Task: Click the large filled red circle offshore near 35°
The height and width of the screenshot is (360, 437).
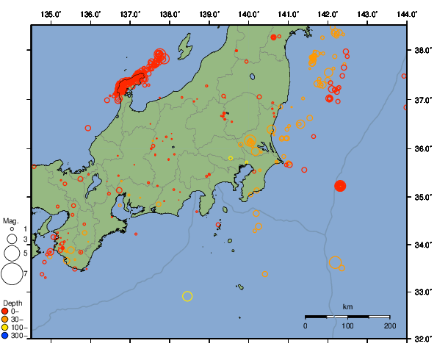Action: click(340, 186)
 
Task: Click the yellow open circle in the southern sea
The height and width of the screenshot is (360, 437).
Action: click(187, 296)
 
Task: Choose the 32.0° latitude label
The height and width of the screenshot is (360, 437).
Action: click(421, 339)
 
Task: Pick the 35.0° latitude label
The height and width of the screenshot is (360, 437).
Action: click(421, 197)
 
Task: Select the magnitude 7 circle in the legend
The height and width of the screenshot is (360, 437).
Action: click(12, 274)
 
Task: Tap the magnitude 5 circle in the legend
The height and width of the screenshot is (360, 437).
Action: click(12, 253)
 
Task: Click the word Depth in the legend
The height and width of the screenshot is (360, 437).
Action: click(12, 303)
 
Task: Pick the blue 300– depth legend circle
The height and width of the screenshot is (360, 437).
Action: click(5, 335)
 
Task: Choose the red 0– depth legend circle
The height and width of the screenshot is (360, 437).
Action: click(5, 311)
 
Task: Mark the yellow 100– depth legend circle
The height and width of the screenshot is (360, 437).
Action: click(5, 327)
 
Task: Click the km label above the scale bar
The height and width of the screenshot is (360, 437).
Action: click(347, 306)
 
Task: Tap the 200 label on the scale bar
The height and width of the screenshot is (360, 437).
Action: click(389, 325)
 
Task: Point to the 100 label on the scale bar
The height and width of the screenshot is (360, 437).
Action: click(347, 325)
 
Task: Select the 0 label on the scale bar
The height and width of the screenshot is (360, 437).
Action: click(306, 325)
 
